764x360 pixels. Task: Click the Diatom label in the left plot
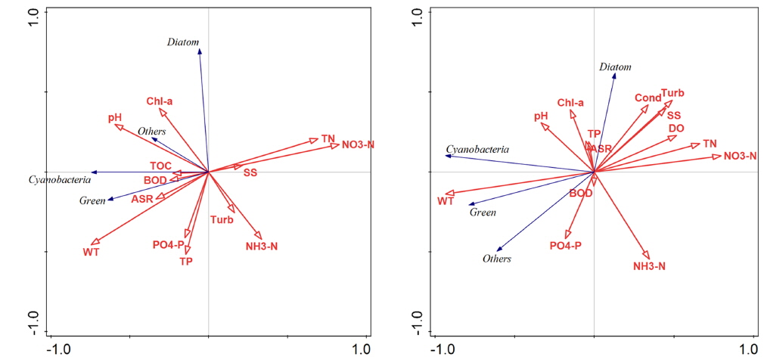(x=182, y=42)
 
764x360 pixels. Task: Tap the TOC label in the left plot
(x=160, y=166)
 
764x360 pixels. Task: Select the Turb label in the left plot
(x=222, y=220)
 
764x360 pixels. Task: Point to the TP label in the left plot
(x=186, y=261)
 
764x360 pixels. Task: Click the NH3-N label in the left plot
(x=262, y=246)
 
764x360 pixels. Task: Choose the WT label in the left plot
(x=91, y=251)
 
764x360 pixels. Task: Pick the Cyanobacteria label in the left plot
(x=60, y=180)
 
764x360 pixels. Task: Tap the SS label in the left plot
(x=250, y=173)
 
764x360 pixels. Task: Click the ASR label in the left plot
(x=142, y=199)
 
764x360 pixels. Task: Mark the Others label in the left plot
(x=151, y=132)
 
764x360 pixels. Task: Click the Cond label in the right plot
(x=648, y=98)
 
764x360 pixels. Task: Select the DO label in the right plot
(x=676, y=129)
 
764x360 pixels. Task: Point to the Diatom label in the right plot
(x=615, y=67)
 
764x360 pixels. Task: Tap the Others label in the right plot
(x=497, y=259)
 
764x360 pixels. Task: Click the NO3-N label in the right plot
(x=740, y=156)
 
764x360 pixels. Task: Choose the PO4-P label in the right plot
(x=565, y=245)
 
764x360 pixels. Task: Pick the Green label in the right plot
(x=483, y=213)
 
